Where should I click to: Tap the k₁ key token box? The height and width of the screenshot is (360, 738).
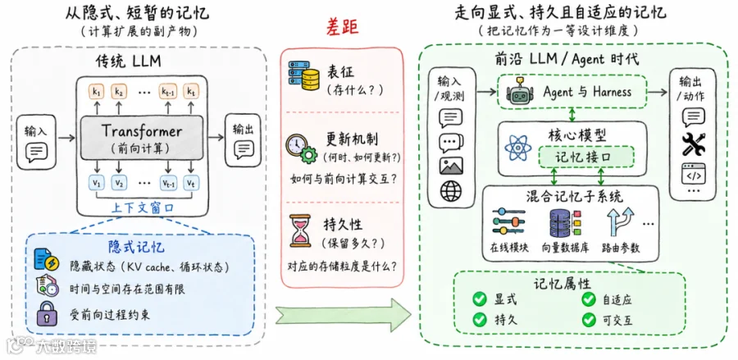[97, 92]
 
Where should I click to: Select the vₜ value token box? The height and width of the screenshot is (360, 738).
[190, 182]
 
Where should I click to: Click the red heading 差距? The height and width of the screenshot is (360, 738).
[342, 28]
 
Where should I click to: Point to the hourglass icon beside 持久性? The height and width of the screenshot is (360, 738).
[300, 230]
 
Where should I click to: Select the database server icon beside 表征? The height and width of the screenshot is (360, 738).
[303, 75]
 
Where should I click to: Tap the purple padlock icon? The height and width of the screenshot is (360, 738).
[46, 312]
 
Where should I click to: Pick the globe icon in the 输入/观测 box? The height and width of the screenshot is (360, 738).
[451, 190]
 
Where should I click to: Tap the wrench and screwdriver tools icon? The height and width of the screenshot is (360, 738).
[693, 144]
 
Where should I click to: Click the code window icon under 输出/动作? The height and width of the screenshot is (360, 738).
[693, 173]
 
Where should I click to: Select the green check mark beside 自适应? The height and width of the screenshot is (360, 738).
[588, 298]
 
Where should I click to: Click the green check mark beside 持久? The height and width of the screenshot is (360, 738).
[480, 320]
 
